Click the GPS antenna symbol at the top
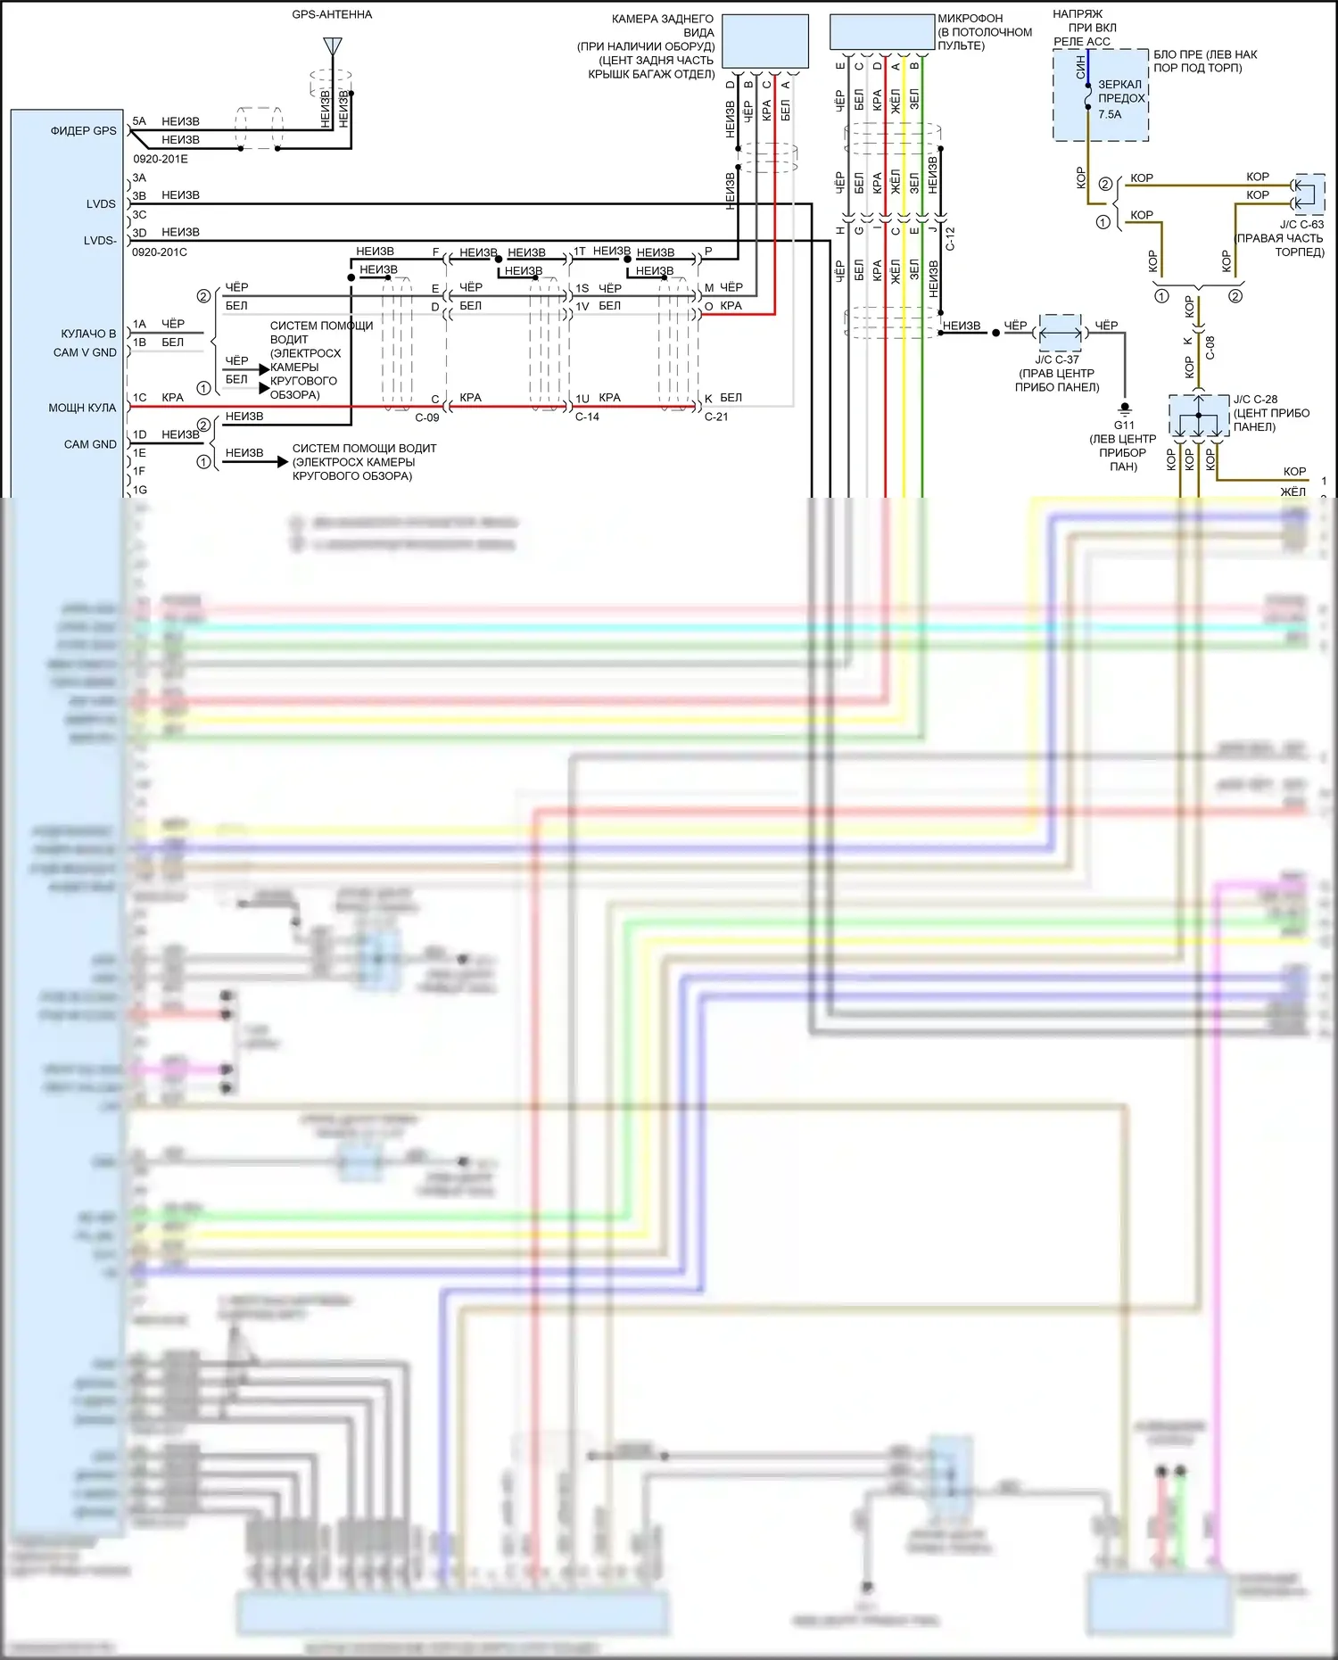[333, 46]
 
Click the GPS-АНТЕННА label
[332, 15]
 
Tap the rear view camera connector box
[764, 41]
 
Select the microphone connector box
[881, 32]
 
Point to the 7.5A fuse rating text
[1110, 114]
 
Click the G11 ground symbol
[1125, 409]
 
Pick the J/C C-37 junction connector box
[1061, 333]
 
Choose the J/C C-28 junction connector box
[1199, 416]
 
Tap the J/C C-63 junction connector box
[1309, 194]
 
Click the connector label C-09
[427, 417]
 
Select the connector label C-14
[587, 417]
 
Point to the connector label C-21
[716, 417]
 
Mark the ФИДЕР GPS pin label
[83, 131]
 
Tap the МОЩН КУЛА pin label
[82, 408]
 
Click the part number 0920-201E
[161, 159]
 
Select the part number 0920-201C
[160, 252]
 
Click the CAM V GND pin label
[85, 352]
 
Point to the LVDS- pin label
[100, 241]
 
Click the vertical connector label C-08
[1210, 348]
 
